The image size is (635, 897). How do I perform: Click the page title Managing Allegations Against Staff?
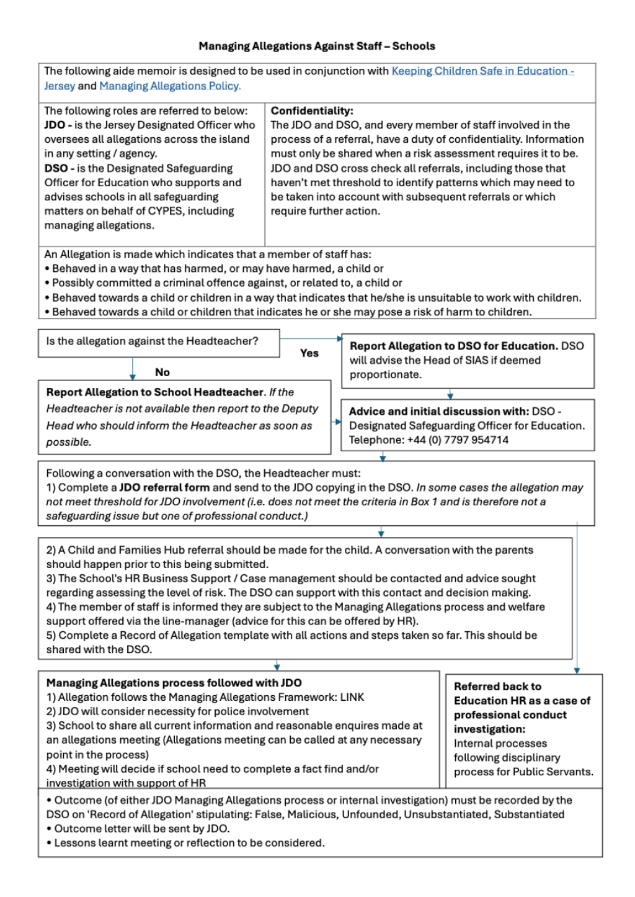tap(317, 46)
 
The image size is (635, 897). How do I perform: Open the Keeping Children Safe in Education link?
tap(482, 71)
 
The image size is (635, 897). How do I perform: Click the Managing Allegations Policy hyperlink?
tap(170, 86)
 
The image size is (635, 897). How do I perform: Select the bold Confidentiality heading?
tap(312, 110)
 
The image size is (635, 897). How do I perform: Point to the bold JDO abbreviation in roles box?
tap(55, 125)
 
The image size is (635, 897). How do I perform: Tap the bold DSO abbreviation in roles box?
tap(56, 168)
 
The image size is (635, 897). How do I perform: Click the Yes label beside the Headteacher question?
tap(309, 353)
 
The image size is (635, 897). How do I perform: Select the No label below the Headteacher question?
tap(162, 372)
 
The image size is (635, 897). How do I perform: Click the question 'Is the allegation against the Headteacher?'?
tap(152, 341)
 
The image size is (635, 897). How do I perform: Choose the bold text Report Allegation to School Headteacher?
tap(155, 392)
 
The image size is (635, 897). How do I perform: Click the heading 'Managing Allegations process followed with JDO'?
tap(174, 683)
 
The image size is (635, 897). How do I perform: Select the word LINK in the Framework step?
tap(352, 697)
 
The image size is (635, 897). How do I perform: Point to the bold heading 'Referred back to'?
tap(497, 686)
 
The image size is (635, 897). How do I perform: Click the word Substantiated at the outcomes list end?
tap(529, 814)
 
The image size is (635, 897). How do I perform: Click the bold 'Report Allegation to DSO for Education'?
tap(453, 346)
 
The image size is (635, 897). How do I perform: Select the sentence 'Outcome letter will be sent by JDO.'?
tap(141, 828)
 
